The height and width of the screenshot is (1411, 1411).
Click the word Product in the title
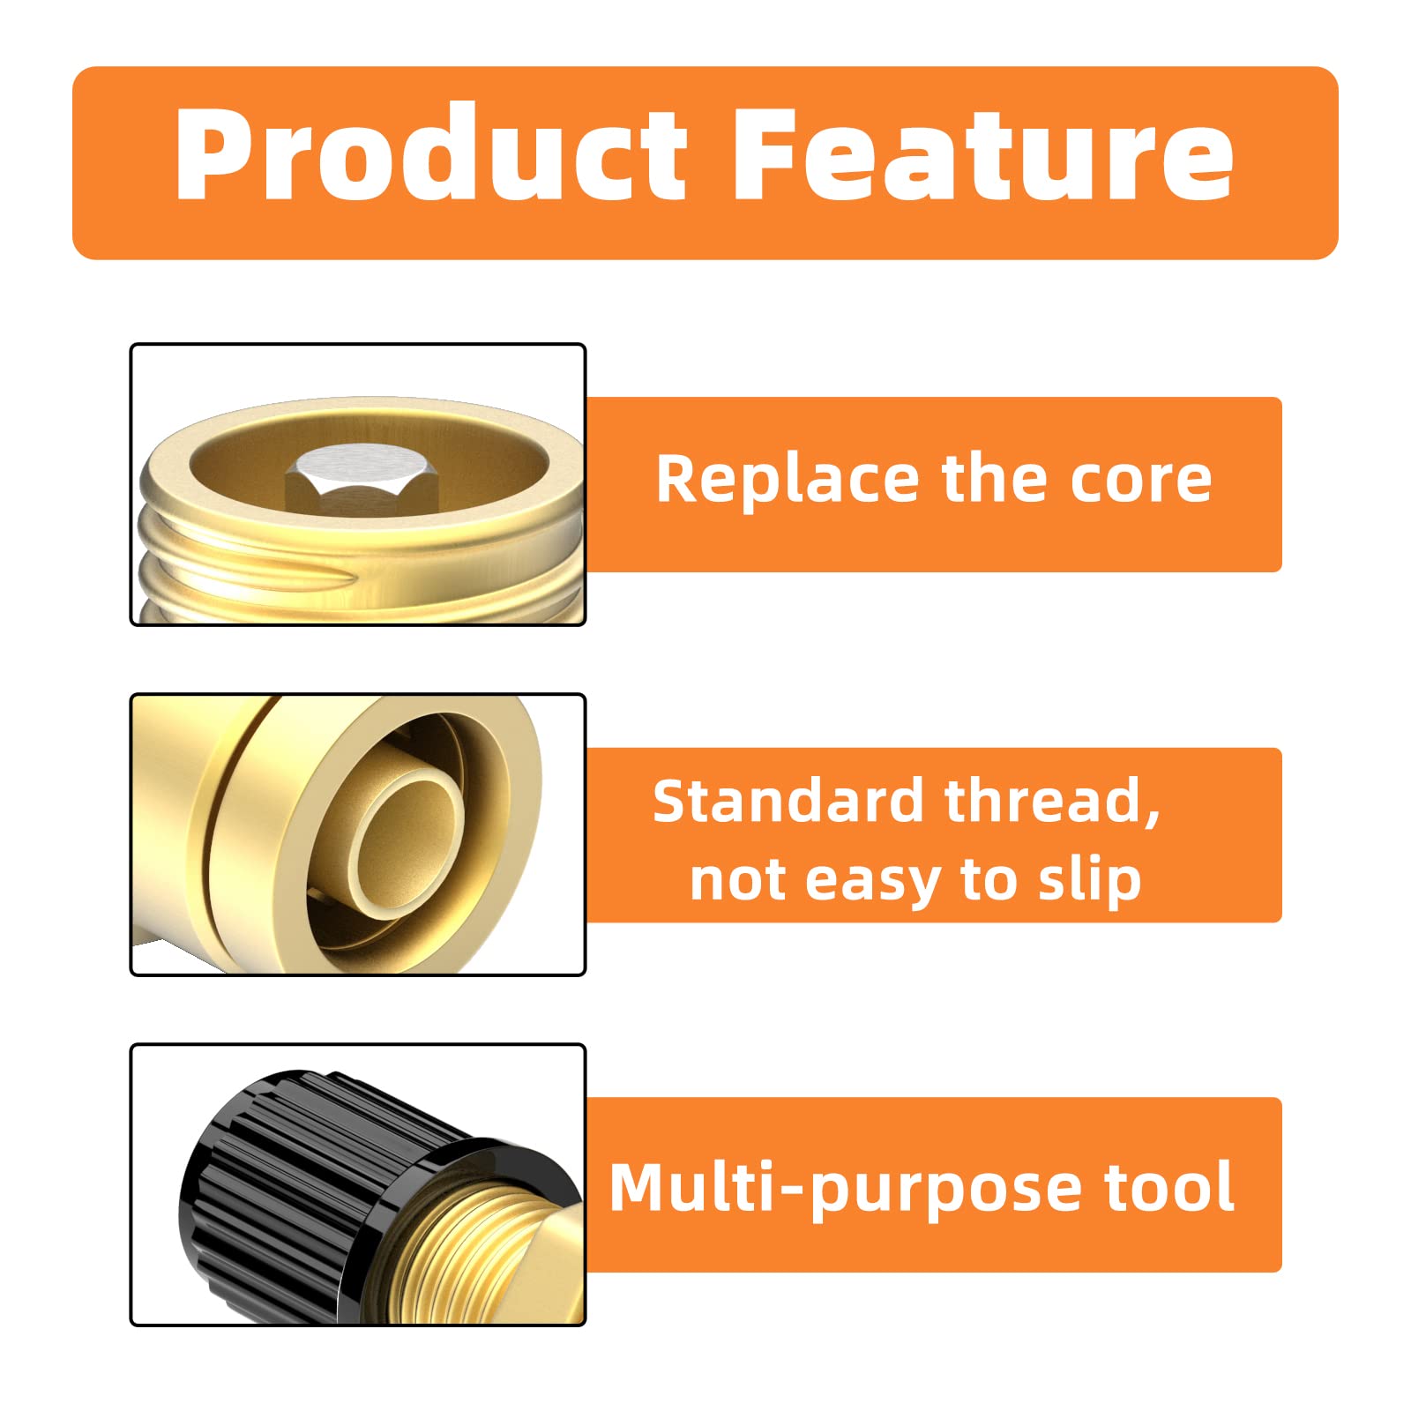(x=429, y=154)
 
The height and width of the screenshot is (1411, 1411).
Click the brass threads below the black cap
(x=494, y=1252)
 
